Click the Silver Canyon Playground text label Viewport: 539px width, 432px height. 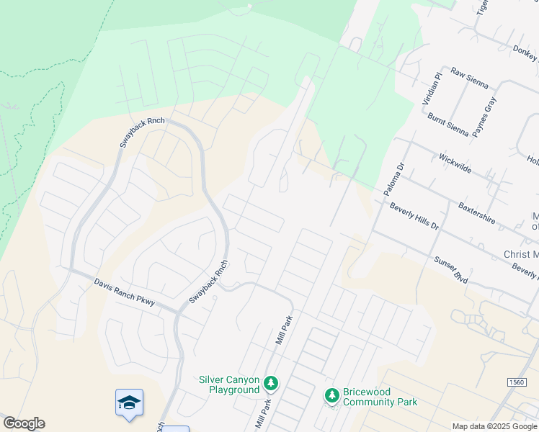[228, 384]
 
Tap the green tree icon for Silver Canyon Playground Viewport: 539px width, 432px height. [271, 382]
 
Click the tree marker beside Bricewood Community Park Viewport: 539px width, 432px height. [331, 395]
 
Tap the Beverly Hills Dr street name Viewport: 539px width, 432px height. [414, 216]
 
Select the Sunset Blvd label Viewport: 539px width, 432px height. [451, 269]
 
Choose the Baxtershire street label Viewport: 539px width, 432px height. [477, 213]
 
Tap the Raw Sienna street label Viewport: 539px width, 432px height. [469, 78]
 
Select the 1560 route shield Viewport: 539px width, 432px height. [516, 382]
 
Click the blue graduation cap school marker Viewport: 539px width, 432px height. [129, 402]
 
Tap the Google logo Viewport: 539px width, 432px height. [24, 423]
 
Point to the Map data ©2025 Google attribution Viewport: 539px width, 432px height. [494, 426]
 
